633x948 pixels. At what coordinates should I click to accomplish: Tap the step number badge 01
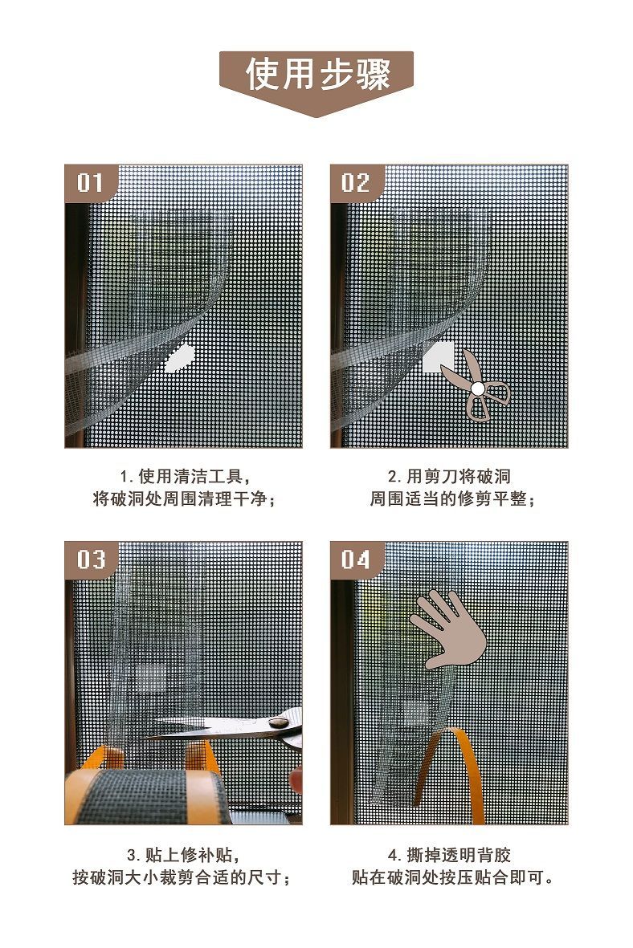90,182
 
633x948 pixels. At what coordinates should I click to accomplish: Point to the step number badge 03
90,559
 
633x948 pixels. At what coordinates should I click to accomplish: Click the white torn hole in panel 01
180,358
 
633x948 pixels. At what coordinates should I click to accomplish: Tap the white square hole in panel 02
438,356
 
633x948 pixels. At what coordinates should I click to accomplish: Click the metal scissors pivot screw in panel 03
279,722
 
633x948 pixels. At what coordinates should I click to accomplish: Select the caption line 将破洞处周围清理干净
184,499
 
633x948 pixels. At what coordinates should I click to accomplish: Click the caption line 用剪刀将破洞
450,477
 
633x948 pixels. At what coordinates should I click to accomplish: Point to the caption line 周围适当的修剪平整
452,499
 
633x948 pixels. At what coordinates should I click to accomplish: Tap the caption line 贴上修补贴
184,855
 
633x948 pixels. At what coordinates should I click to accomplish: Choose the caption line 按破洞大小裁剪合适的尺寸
182,877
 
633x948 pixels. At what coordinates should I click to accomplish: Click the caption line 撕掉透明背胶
450,855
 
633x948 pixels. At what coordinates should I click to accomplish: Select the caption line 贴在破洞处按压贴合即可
452,877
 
